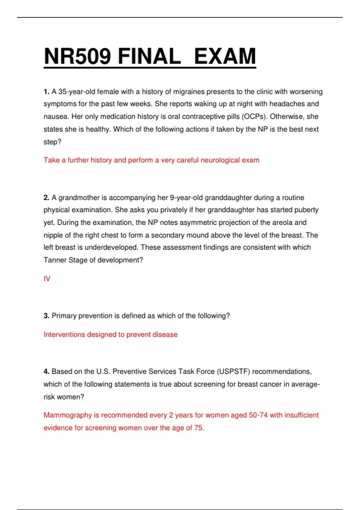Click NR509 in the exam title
click(x=77, y=56)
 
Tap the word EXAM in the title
click(x=225, y=56)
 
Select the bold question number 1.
click(x=46, y=92)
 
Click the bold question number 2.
click(x=46, y=198)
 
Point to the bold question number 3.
click(x=46, y=316)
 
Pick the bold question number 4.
click(x=46, y=372)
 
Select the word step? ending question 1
click(x=52, y=142)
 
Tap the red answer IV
click(x=47, y=279)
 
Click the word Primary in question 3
click(x=64, y=316)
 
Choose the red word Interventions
click(x=64, y=334)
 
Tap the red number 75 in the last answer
click(x=198, y=428)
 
